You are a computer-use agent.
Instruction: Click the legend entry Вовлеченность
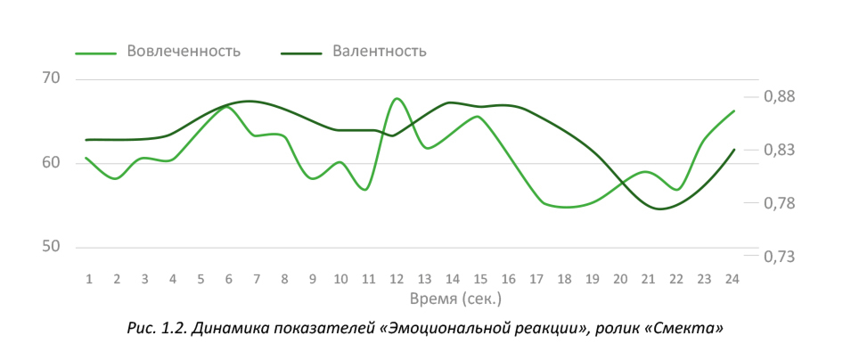pyautogui.click(x=183, y=51)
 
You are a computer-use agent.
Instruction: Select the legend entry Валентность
pyautogui.click(x=379, y=51)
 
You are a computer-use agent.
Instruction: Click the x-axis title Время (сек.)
pyautogui.click(x=457, y=297)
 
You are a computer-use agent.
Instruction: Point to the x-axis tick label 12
pyautogui.click(x=397, y=279)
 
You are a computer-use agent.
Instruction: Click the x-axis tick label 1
pyautogui.click(x=88, y=279)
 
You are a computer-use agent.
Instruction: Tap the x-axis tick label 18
pyautogui.click(x=565, y=279)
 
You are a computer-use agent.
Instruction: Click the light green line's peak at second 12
pyautogui.click(x=397, y=98)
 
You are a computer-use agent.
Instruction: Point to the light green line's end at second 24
pyautogui.click(x=733, y=111)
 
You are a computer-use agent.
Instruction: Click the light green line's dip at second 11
pyautogui.click(x=366, y=189)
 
